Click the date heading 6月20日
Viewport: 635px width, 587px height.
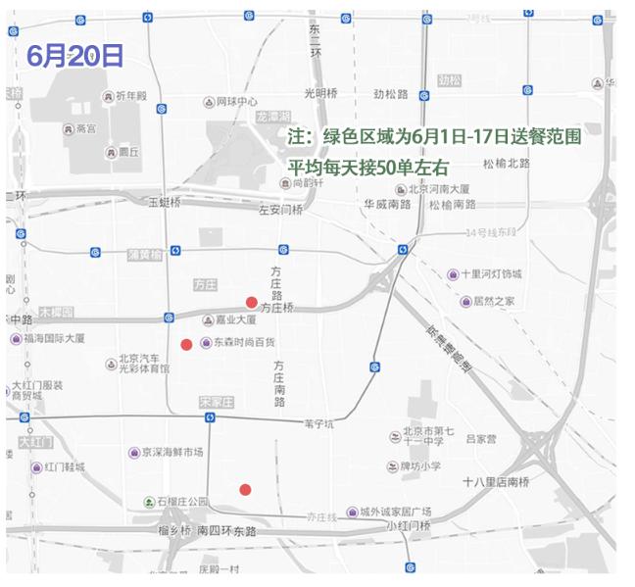coord(75,56)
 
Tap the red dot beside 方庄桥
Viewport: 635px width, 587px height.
coord(251,302)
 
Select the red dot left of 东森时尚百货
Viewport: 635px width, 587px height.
coord(186,344)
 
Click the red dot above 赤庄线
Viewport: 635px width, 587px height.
coord(245,489)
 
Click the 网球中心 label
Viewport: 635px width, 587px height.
coord(236,102)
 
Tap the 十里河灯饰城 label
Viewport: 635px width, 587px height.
coord(491,274)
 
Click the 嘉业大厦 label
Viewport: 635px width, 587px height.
coord(235,320)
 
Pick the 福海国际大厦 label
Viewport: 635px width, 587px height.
coord(54,339)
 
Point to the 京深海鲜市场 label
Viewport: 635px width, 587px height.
coord(171,453)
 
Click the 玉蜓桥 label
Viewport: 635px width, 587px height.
coord(164,203)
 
